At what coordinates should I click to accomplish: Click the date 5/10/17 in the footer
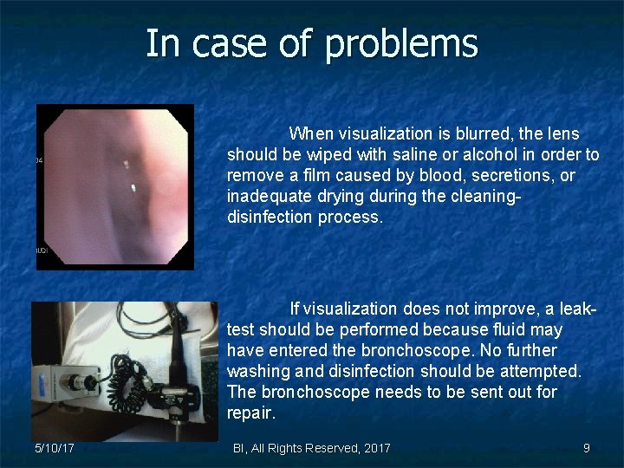(x=54, y=448)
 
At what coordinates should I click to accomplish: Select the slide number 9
(x=587, y=448)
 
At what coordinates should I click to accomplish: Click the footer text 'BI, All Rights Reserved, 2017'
(x=312, y=448)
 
